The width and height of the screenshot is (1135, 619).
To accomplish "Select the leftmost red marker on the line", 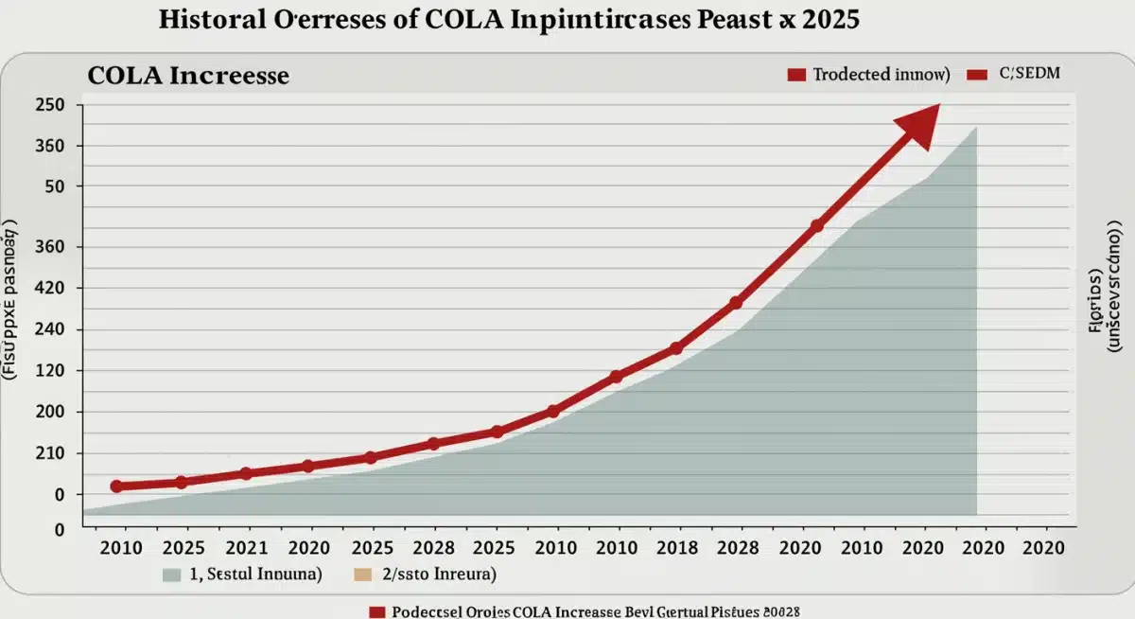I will (x=116, y=486).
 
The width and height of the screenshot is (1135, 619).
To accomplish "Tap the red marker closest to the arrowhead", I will (x=816, y=226).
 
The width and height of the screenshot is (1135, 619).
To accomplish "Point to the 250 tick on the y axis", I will (x=49, y=105).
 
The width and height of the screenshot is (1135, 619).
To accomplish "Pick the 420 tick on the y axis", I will (x=49, y=289).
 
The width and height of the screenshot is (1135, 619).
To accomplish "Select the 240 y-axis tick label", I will (x=49, y=330).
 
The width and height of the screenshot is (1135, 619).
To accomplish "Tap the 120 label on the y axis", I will (x=49, y=371).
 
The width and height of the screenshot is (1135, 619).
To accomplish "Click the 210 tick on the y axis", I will (x=49, y=453).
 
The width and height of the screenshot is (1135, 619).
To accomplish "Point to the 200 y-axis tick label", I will (x=49, y=413).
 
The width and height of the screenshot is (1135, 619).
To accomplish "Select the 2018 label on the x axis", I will (x=676, y=548).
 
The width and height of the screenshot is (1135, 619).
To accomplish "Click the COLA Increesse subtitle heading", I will (x=188, y=76).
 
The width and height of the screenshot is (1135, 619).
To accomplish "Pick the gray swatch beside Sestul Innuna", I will (x=171, y=575).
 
